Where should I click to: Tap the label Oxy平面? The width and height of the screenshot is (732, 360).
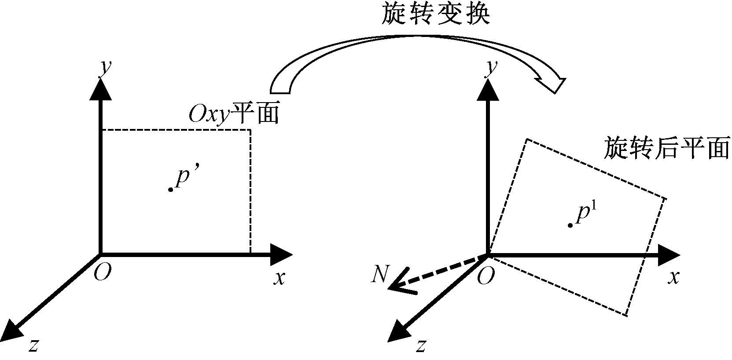[234, 115]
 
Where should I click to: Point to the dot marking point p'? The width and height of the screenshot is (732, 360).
[170, 189]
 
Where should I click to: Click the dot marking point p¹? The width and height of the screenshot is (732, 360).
[570, 225]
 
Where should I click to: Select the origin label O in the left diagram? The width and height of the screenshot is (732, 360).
[103, 273]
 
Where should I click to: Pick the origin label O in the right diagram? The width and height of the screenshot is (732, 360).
[486, 276]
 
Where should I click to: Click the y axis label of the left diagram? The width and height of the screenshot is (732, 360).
[105, 69]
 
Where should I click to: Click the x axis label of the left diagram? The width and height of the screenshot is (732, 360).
[279, 278]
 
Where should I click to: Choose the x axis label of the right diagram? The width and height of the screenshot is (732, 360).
[673, 278]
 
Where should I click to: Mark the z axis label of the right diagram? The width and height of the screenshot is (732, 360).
[420, 346]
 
